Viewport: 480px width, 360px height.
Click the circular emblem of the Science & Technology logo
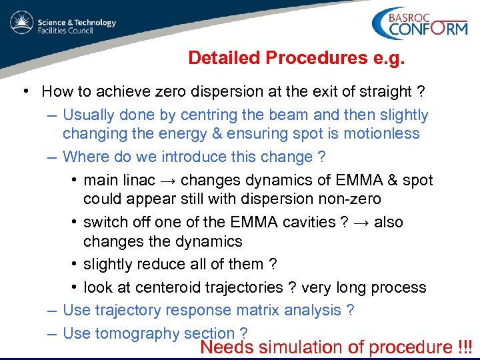tap(21, 23)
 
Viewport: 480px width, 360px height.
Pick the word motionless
tap(382, 133)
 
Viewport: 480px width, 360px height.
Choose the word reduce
tap(161, 264)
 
